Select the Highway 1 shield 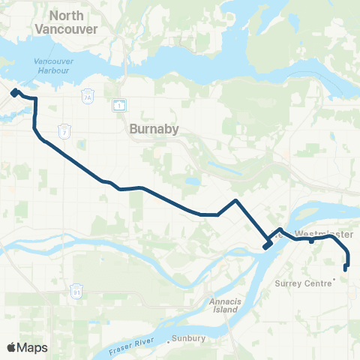coord(118,105)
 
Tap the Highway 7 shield coord(66,132)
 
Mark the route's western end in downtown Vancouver coord(14,92)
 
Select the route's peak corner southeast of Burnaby coord(236,200)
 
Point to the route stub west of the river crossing coord(266,246)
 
